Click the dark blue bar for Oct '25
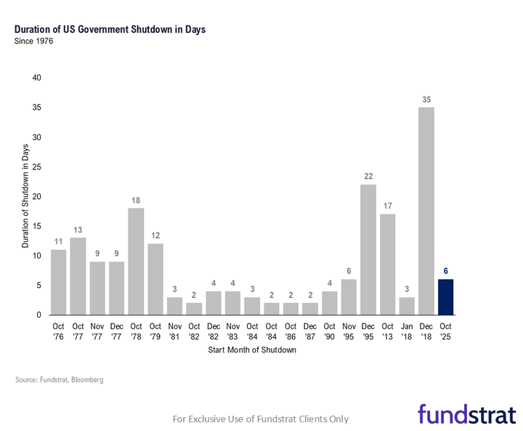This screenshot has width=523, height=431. pos(446,297)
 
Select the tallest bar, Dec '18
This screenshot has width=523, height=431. pos(426,211)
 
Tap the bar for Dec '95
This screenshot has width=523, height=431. pos(368,249)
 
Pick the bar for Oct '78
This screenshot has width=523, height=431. pos(136,262)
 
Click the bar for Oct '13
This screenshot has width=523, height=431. pos(388,265)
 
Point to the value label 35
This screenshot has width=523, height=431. pos(426,99)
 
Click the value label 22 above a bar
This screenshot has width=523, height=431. pos(368,177)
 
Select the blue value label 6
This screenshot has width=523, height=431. pos(446,271)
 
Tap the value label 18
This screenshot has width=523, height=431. pos(136,200)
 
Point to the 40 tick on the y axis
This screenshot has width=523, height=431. pos(36,78)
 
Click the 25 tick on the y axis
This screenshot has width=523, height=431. pos(36,166)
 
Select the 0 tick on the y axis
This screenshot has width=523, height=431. pos(38,315)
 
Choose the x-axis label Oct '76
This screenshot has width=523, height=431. pos(59,331)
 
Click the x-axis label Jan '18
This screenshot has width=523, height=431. pos(408,331)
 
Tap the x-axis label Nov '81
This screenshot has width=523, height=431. pos(175,331)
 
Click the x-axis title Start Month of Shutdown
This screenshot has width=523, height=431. pos(253,350)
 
